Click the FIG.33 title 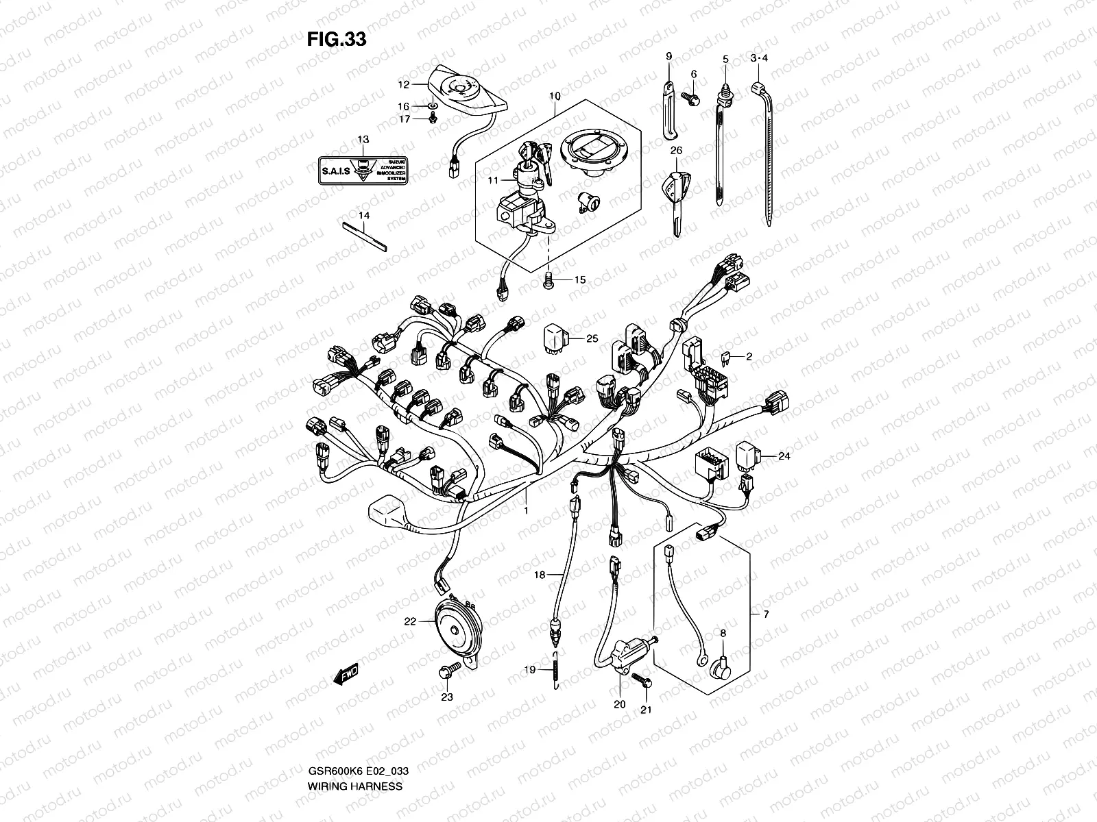337,40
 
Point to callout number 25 592,338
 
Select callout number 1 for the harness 526,510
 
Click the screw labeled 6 693,99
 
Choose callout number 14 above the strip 363,215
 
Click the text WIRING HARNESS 356,747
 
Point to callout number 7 766,614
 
